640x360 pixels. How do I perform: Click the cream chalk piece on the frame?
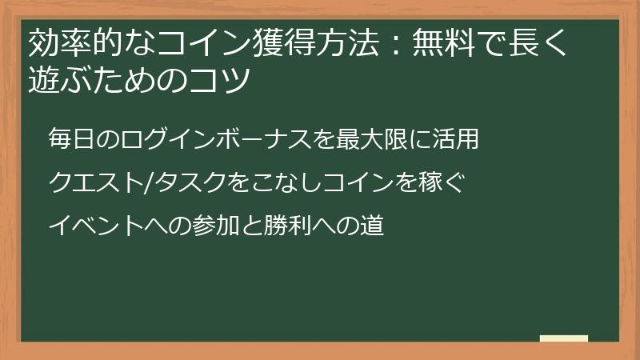point(563,338)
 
